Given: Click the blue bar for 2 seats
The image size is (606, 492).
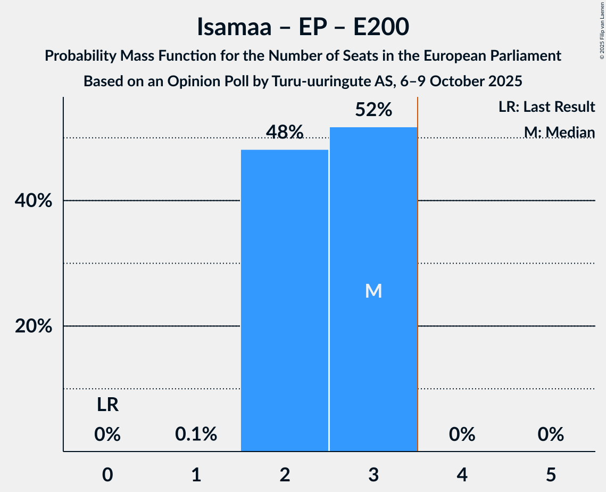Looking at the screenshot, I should (x=285, y=300).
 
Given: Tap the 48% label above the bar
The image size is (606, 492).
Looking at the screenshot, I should (x=285, y=132).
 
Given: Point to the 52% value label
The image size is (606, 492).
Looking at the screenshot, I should (x=373, y=110).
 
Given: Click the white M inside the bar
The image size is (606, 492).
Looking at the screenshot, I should (x=373, y=291).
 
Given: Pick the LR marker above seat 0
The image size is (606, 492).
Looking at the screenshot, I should (x=107, y=405).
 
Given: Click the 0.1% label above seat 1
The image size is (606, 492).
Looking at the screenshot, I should (x=196, y=435).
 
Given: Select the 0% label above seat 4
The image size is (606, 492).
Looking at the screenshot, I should (x=462, y=435).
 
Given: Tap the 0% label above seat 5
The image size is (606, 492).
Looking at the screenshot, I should (x=550, y=435).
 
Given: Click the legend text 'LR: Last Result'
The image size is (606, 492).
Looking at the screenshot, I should (x=546, y=107).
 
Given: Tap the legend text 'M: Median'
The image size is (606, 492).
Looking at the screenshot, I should (x=559, y=132).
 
